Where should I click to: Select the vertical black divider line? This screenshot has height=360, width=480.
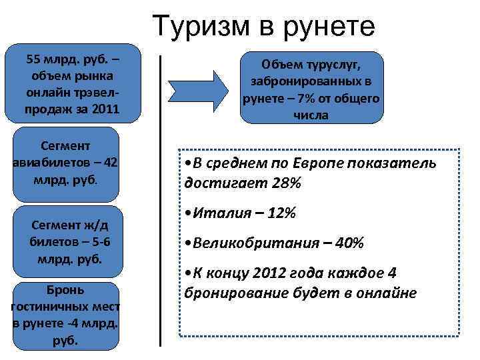(161, 200)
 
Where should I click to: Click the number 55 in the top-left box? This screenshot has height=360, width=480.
(34, 59)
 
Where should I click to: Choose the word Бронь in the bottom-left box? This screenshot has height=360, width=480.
(65, 289)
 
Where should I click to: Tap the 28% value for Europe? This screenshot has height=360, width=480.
(286, 182)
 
